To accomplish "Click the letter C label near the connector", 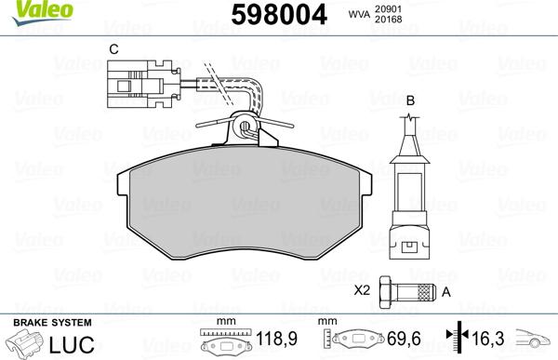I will [x=113, y=48].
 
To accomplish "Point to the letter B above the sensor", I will [x=410, y=99].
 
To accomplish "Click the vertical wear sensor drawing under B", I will [x=410, y=195].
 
